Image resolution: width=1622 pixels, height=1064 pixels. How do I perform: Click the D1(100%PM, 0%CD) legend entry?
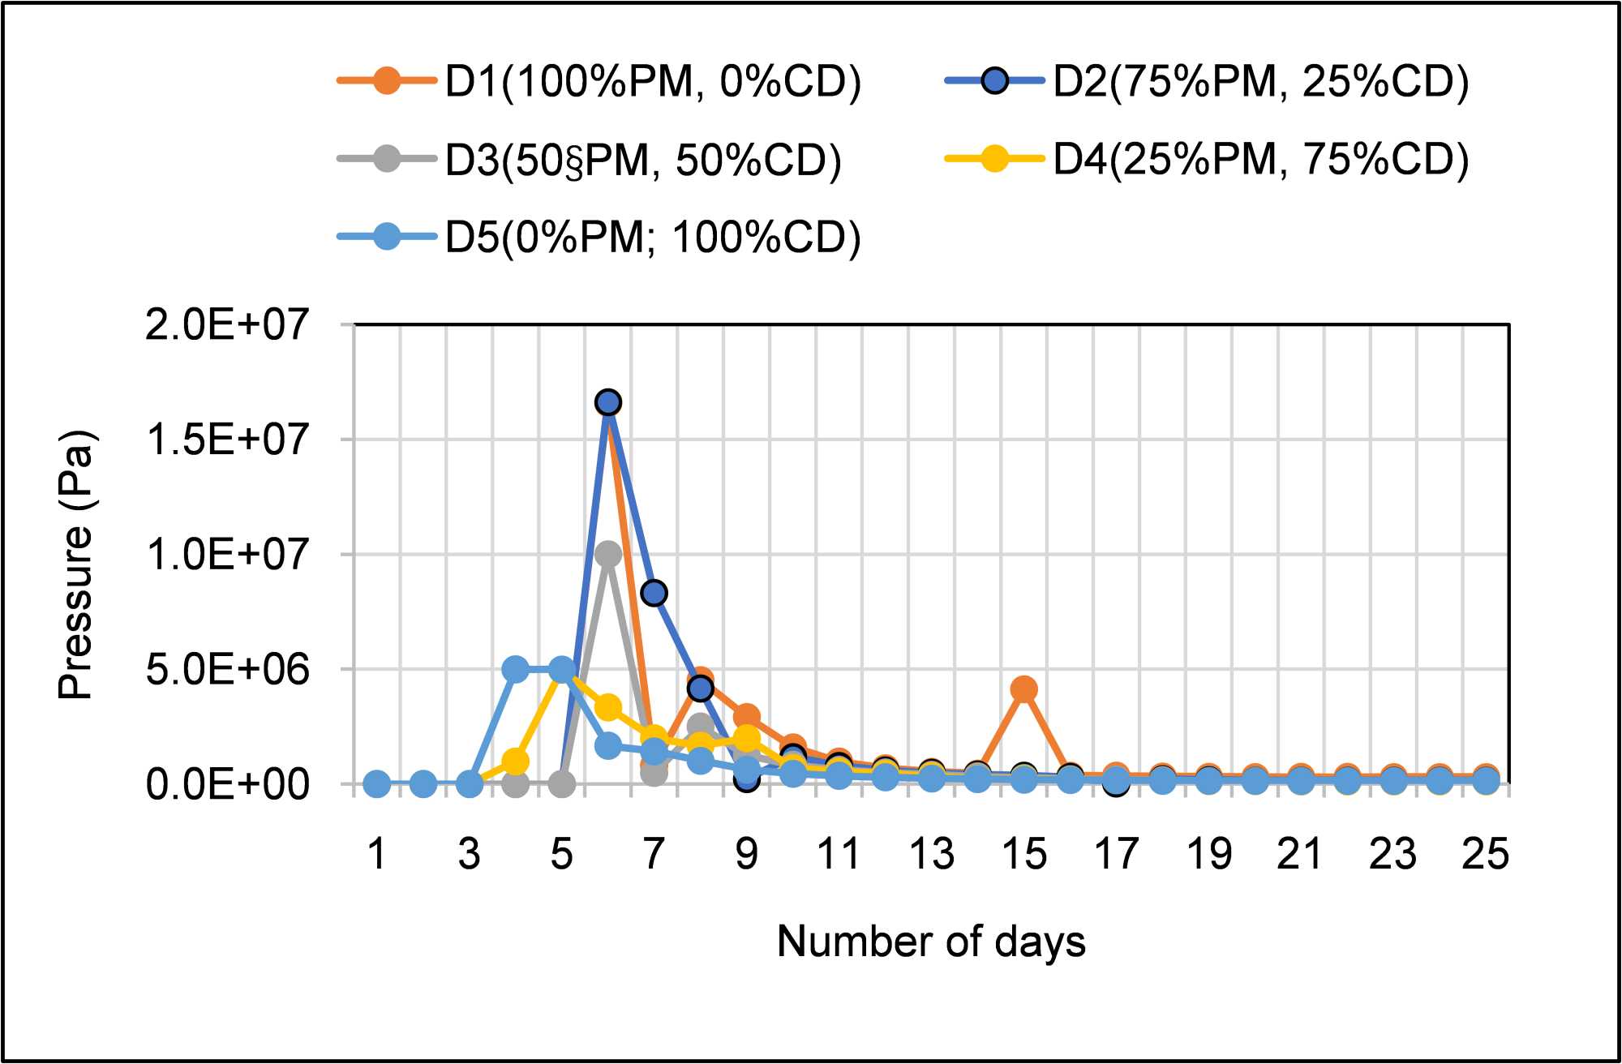pyautogui.click(x=600, y=82)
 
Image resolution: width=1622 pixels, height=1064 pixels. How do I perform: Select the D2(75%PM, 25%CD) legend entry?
pyautogui.click(x=1208, y=82)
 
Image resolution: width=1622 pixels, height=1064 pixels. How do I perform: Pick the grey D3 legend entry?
pyautogui.click(x=590, y=159)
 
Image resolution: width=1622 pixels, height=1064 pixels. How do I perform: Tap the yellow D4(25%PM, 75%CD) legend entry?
pyautogui.click(x=1208, y=159)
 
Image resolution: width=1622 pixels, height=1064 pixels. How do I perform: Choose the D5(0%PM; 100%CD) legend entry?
pyautogui.click(x=600, y=238)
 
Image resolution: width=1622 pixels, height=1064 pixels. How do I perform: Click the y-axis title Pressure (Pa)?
pyautogui.click(x=77, y=564)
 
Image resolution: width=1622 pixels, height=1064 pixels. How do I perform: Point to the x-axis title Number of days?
pyautogui.click(x=931, y=942)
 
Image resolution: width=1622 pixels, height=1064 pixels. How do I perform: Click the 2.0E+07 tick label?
pyautogui.click(x=227, y=324)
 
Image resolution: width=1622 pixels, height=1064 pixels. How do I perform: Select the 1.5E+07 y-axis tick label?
pyautogui.click(x=227, y=440)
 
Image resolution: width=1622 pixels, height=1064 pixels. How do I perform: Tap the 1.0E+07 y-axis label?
pyautogui.click(x=227, y=555)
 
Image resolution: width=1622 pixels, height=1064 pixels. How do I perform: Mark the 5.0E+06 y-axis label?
pyautogui.click(x=227, y=670)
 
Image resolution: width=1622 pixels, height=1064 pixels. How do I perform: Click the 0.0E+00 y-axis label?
pyautogui.click(x=227, y=785)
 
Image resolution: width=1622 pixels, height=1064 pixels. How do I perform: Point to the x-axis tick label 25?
pyautogui.click(x=1486, y=854)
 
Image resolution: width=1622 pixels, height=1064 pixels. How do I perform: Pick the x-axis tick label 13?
pyautogui.click(x=931, y=854)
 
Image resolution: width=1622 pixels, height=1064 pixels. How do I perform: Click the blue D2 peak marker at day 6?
pyautogui.click(x=608, y=402)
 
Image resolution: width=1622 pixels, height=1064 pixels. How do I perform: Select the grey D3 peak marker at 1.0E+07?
pyautogui.click(x=608, y=555)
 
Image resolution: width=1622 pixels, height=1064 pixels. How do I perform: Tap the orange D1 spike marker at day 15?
pyautogui.click(x=1024, y=689)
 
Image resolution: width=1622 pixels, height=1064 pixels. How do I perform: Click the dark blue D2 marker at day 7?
pyautogui.click(x=654, y=593)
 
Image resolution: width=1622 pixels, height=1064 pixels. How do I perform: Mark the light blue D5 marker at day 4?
pyautogui.click(x=516, y=669)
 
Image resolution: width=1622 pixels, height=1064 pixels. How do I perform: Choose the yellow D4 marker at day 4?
pyautogui.click(x=516, y=762)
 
